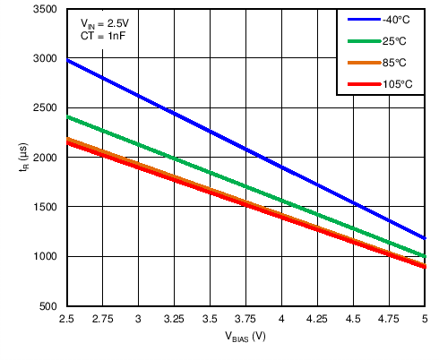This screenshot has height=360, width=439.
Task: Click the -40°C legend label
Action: tap(396, 20)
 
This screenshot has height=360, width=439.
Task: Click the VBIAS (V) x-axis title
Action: tap(245, 337)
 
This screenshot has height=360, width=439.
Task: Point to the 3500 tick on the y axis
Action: tap(45, 10)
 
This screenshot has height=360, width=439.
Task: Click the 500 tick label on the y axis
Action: tap(48, 307)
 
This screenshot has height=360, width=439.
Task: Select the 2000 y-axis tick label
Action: tap(45, 159)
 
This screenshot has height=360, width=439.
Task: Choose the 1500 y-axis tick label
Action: tap(45, 208)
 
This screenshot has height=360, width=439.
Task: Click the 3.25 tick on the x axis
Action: tap(174, 319)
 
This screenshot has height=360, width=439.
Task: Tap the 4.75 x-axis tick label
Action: tap(389, 319)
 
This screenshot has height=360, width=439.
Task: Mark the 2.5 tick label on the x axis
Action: tap(66, 319)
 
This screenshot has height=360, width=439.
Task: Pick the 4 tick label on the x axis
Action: tap(281, 319)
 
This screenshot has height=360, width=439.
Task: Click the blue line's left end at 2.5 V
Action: tap(67, 61)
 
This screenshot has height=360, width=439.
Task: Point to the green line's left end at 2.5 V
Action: tap(67, 117)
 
